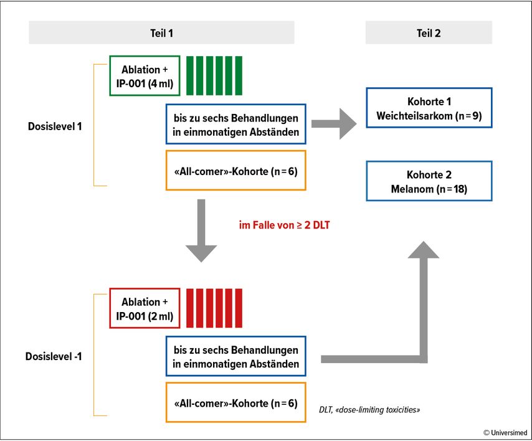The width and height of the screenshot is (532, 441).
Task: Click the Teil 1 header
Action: tap(161, 33)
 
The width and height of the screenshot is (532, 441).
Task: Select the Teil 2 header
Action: tap(429, 33)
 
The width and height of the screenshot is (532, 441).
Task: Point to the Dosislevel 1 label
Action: tap(55, 126)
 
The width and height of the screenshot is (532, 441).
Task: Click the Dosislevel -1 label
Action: tap(54, 356)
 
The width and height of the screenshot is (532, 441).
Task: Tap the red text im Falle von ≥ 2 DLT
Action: tap(284, 225)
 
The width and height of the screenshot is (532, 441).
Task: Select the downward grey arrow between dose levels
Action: tap(201, 230)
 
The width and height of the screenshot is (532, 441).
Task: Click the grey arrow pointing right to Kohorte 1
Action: tap(334, 124)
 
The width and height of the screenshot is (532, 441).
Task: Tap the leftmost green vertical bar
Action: tap(189, 75)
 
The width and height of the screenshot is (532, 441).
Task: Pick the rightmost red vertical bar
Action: tap(239, 308)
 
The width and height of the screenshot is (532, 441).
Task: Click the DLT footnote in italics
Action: tap(369, 410)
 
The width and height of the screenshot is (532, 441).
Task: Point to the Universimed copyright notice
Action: tap(505, 432)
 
